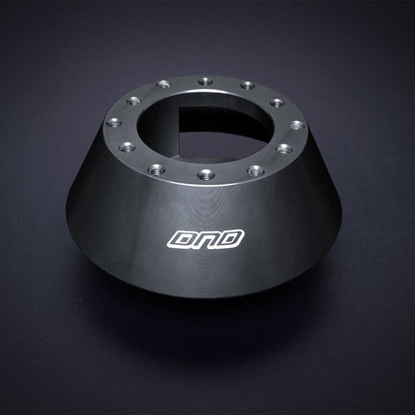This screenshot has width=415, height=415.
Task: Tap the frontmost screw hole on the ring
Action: [206, 174]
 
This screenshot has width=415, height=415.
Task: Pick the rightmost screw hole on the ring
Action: [297, 125]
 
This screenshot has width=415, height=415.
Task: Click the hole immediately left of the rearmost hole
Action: [161, 85]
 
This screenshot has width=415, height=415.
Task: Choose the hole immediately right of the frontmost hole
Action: [253, 166]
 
